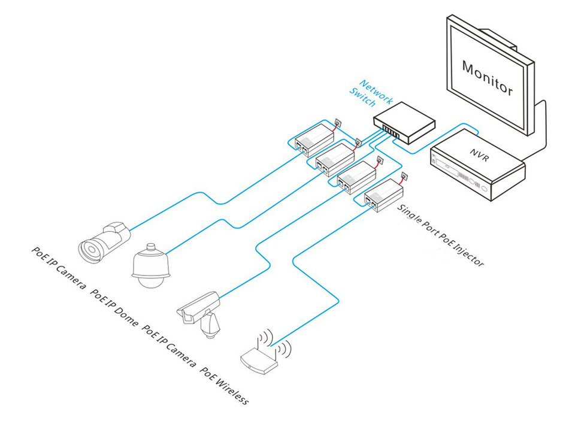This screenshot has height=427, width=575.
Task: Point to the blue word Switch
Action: coord(363,99)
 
